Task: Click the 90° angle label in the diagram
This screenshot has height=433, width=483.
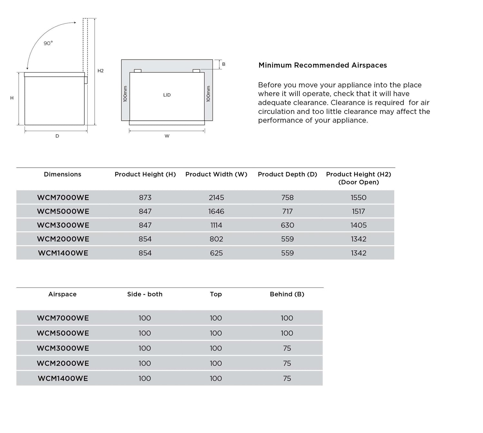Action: pos(48,43)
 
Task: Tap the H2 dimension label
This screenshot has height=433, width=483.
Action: pos(100,71)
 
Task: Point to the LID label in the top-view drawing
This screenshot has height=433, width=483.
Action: pos(167,95)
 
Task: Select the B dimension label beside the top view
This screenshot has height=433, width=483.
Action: pos(224,64)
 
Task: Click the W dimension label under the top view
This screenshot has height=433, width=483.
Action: pos(167,136)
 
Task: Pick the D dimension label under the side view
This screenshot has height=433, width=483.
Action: pos(57,136)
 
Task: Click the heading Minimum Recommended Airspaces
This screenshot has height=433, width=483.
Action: pos(323,65)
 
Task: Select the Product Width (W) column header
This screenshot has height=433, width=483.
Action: pos(216,174)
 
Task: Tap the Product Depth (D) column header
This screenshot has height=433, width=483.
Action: pos(288,174)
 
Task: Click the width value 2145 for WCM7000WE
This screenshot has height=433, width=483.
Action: pos(216,198)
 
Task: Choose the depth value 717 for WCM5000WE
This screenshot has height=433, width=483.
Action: pos(288,212)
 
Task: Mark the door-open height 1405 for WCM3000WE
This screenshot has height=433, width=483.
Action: pos(358,225)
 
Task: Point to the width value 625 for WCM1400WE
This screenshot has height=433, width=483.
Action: pos(216,253)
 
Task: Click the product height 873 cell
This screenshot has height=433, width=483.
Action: pos(145,198)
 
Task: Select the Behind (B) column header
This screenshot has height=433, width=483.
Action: pos(287,294)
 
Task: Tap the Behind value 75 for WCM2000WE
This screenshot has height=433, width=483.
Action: pos(287,363)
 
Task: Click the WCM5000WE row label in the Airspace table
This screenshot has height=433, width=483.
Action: pos(63,333)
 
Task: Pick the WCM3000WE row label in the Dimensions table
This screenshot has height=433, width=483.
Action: pos(63,225)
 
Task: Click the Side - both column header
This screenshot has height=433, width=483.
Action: pos(145,294)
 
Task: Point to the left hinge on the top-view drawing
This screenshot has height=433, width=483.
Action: pos(137,71)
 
